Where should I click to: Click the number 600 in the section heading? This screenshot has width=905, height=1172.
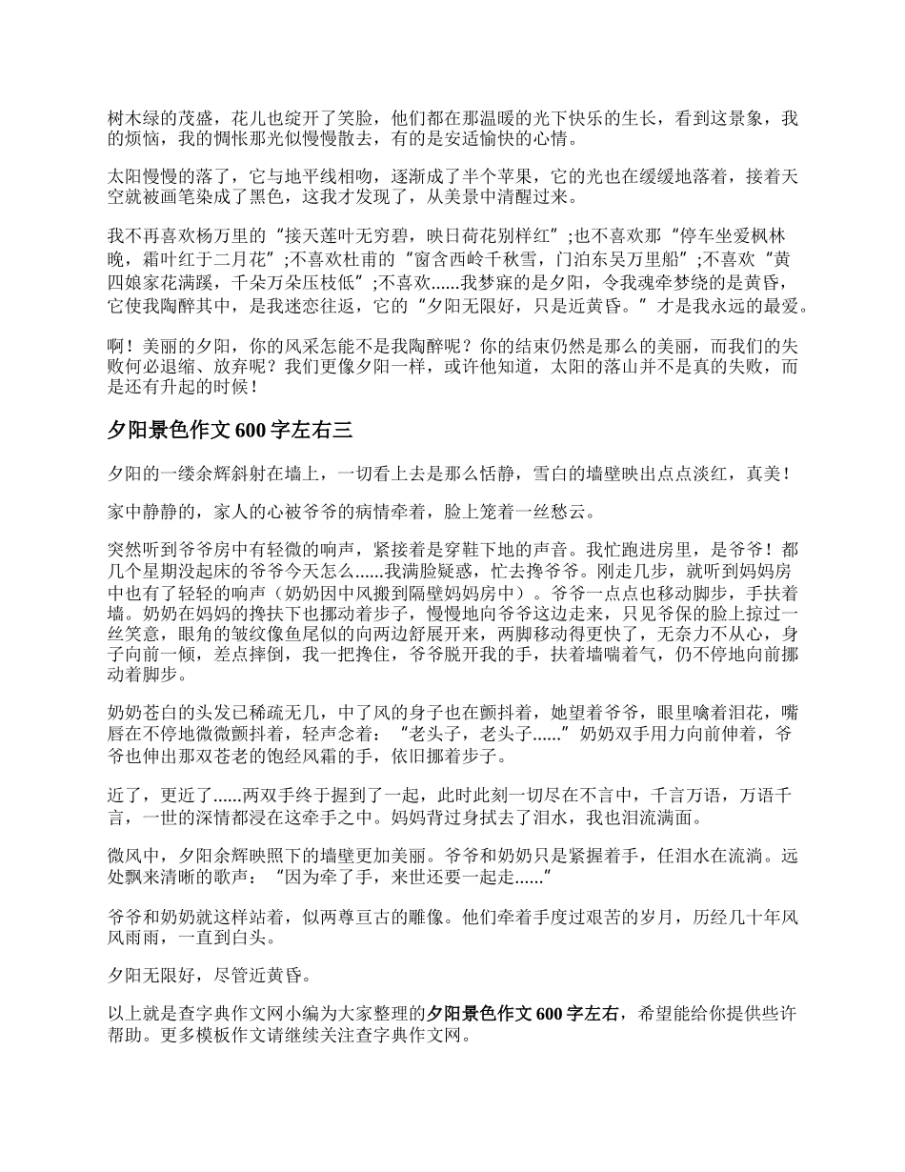251,430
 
